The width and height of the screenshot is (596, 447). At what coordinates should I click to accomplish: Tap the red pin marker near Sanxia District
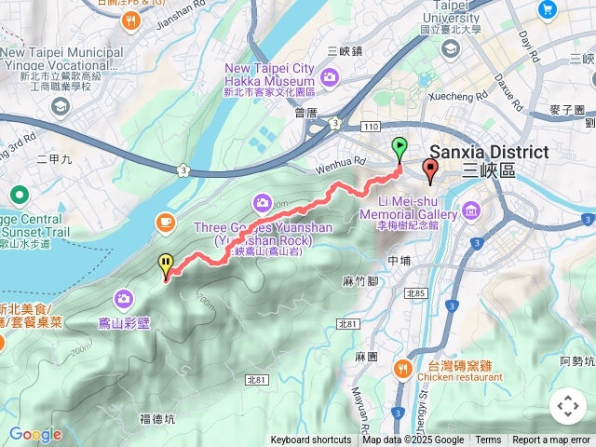[x=429, y=169]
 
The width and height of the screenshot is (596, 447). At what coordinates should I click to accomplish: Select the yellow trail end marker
[x=166, y=265]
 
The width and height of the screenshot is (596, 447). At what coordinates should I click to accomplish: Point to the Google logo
[x=34, y=434]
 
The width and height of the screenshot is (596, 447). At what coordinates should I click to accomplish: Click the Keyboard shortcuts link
[x=311, y=440]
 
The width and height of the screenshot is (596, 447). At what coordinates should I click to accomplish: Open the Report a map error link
[x=551, y=440]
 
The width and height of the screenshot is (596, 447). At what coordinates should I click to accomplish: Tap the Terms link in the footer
[x=488, y=440]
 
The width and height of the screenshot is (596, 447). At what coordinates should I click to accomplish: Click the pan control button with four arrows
[x=567, y=406]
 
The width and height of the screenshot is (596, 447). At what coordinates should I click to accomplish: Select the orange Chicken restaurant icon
[x=402, y=366]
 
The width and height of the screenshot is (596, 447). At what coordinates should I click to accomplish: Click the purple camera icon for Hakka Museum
[x=328, y=75]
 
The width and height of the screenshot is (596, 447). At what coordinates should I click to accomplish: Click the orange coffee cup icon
[x=166, y=222]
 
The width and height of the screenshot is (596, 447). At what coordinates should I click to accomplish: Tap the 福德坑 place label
[x=156, y=419]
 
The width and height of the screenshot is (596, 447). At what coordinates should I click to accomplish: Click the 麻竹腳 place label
[x=359, y=280]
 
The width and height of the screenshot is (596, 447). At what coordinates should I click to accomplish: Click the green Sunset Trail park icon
[x=18, y=196]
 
